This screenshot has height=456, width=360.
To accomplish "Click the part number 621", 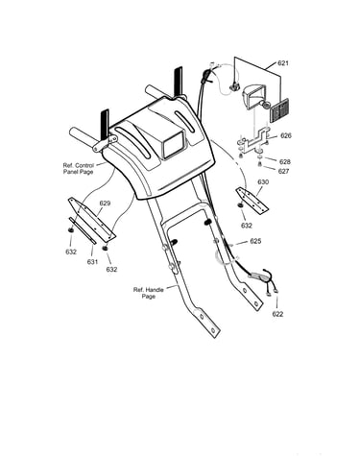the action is pos(283,63).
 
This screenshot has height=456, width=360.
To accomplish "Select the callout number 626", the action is pos(286,135).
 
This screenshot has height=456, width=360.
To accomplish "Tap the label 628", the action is pos(285,161).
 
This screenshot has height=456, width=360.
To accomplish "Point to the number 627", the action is pos(283,171).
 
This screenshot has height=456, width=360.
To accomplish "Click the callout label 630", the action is pos(263,182).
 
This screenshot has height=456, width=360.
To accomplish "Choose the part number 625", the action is pos(255,241).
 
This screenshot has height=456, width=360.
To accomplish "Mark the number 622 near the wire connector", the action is pos(277,314).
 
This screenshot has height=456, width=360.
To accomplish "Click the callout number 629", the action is pos(105,204).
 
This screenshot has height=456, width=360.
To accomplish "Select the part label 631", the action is pos(92,262).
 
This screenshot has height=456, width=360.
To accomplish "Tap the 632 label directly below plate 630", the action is pos(247,226).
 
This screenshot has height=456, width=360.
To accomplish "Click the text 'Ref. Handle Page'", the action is pos(149,293).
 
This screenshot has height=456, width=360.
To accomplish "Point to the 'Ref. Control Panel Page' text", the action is pos(79,169).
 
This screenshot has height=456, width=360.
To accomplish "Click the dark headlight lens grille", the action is pos(279,110).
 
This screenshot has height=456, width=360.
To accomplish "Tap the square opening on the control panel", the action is pos(173,145).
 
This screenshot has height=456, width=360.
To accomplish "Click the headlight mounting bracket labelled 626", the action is pos(253,141).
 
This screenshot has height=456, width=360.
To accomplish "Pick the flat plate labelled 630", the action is pos(252,201).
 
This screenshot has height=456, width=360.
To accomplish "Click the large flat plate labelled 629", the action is pos(92,219).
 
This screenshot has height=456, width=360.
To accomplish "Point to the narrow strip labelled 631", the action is pos(83,230).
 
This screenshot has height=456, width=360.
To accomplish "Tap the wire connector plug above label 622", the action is pos(259,276).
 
